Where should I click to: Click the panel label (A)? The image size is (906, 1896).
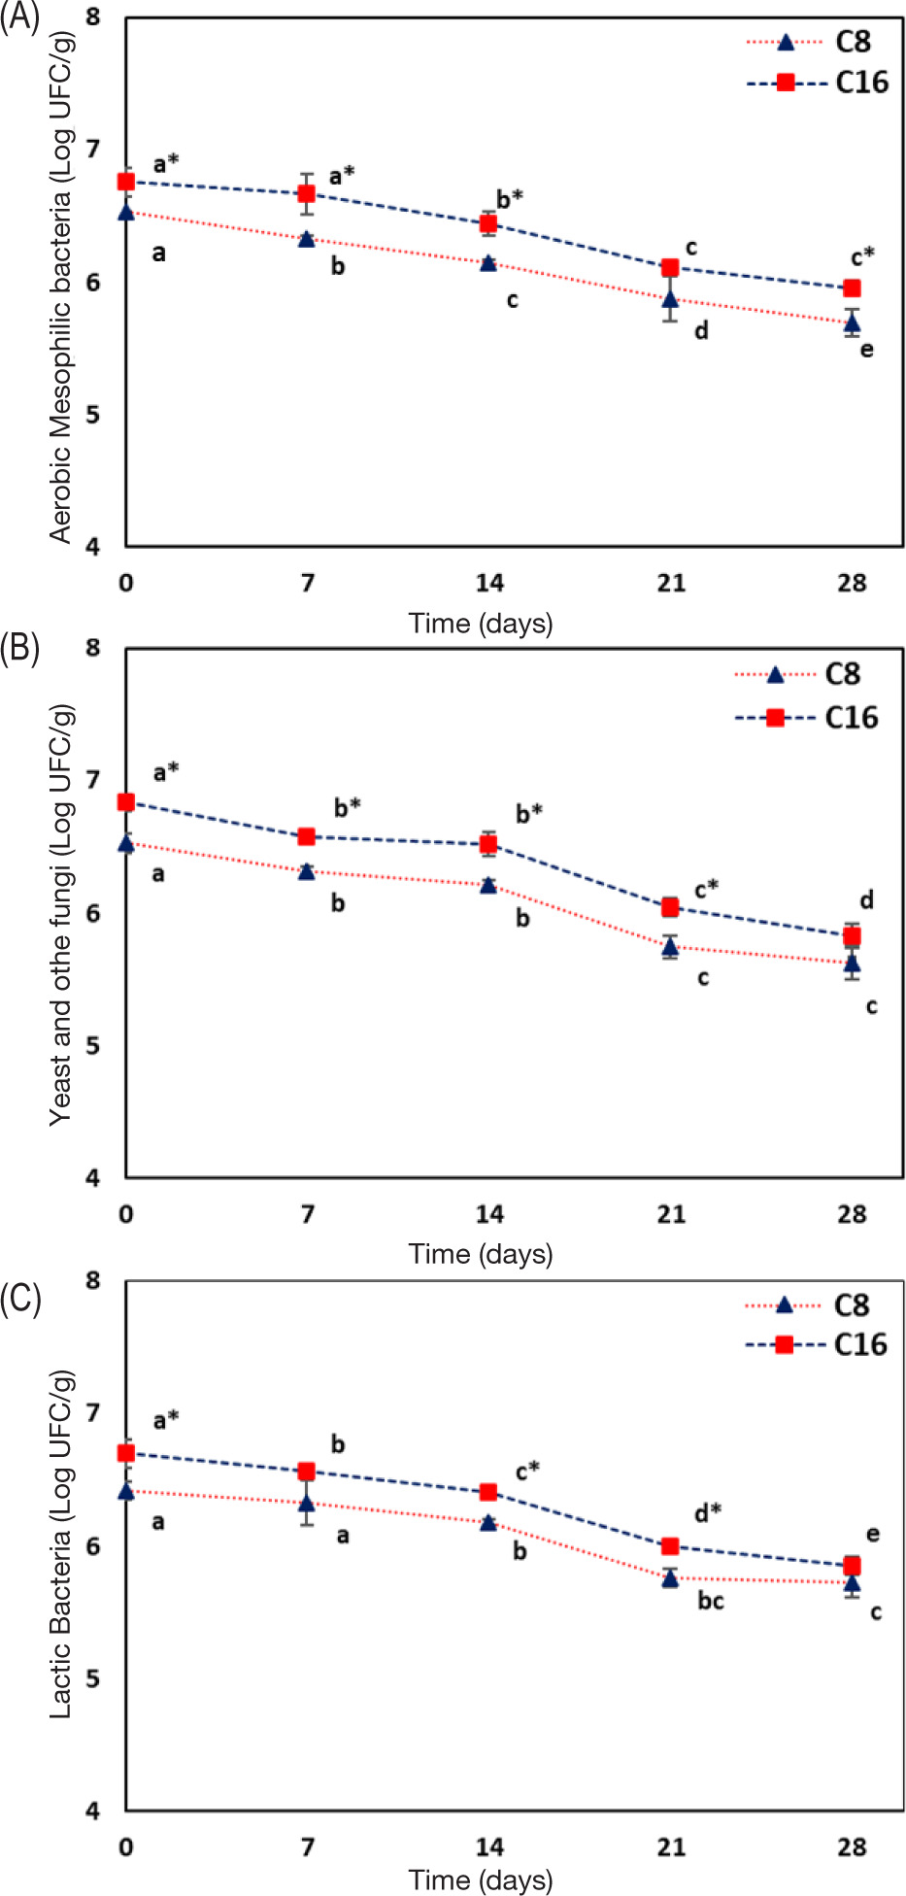pyautogui.click(x=19, y=18)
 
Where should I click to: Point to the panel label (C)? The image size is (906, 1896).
pyautogui.click(x=20, y=1301)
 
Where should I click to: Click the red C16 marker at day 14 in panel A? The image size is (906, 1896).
pyautogui.click(x=488, y=224)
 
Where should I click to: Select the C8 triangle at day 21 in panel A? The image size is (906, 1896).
pyautogui.click(x=670, y=299)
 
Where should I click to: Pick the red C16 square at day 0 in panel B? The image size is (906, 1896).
pyautogui.click(x=126, y=802)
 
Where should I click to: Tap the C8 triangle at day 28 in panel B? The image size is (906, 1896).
pyautogui.click(x=852, y=964)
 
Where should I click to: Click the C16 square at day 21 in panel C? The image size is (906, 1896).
pyautogui.click(x=670, y=1545)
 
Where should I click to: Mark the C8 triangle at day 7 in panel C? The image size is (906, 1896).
pyautogui.click(x=307, y=1505)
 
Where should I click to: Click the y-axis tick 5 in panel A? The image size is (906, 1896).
pyautogui.click(x=93, y=415)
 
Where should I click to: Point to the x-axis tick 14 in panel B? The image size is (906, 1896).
pyautogui.click(x=489, y=1214)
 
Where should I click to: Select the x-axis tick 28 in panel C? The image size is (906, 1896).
pyautogui.click(x=852, y=1846)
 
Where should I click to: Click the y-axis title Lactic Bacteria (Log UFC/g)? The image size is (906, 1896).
pyautogui.click(x=60, y=1544)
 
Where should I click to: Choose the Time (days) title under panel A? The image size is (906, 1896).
pyautogui.click(x=481, y=624)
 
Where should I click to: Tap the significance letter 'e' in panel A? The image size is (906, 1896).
pyautogui.click(x=866, y=349)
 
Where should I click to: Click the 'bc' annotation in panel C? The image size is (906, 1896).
pyautogui.click(x=711, y=1601)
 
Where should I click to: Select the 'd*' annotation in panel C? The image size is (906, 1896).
pyautogui.click(x=708, y=1512)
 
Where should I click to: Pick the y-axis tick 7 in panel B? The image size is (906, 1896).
pyautogui.click(x=93, y=780)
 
